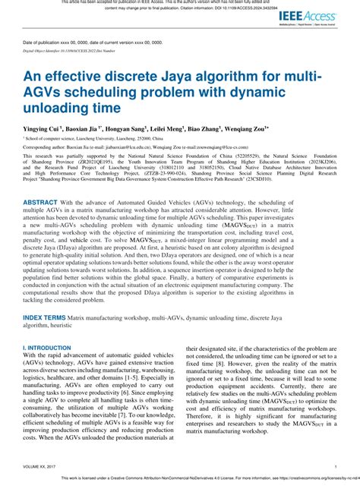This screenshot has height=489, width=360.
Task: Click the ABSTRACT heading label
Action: coord(46,204)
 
